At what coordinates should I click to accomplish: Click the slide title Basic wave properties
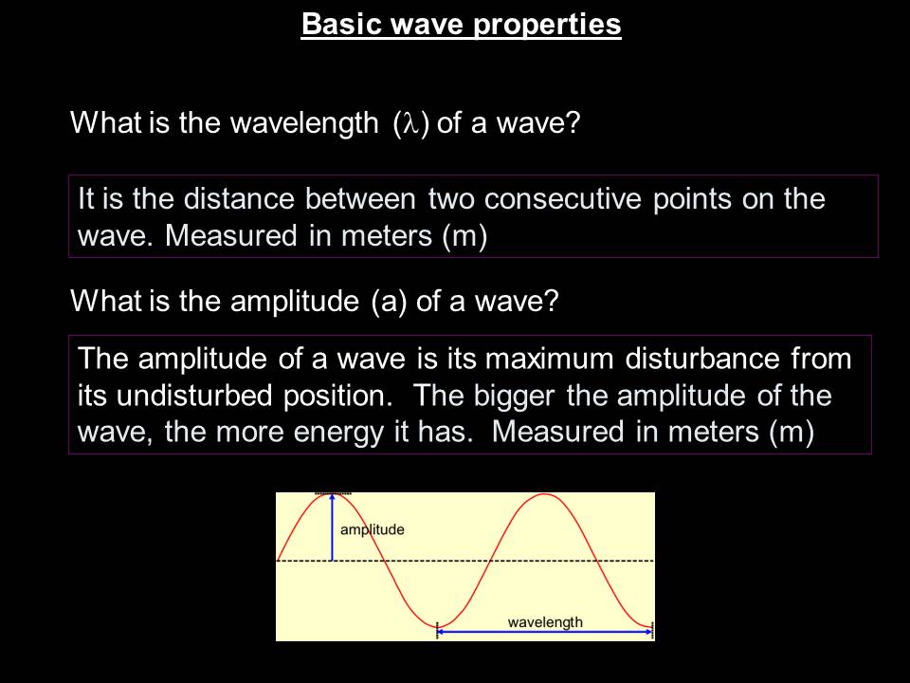[x=461, y=25]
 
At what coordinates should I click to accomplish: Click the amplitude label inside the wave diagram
[x=372, y=529]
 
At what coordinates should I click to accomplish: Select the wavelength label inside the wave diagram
[x=545, y=622]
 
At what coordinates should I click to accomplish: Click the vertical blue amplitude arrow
[x=332, y=528]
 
